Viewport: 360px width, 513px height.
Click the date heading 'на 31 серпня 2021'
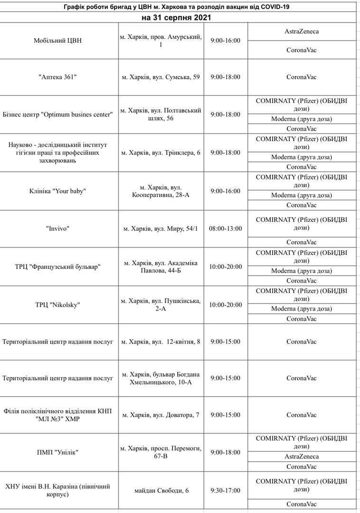point(176,18)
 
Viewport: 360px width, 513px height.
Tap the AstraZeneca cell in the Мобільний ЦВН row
point(302,31)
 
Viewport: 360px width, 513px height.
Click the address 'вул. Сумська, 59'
point(161,77)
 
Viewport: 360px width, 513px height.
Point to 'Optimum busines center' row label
point(58,114)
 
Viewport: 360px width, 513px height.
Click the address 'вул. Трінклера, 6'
point(161,152)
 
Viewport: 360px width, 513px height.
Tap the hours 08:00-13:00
point(226,228)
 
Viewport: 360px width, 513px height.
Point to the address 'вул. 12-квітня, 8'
point(161,342)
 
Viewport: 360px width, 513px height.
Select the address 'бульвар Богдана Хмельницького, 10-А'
point(161,379)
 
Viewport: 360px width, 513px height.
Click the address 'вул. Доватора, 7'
point(161,415)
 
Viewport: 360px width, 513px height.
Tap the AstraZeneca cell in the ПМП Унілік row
point(302,456)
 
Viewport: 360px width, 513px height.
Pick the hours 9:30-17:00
point(226,490)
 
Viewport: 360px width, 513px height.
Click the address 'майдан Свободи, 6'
point(161,490)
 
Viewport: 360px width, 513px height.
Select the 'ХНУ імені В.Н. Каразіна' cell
point(58,490)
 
